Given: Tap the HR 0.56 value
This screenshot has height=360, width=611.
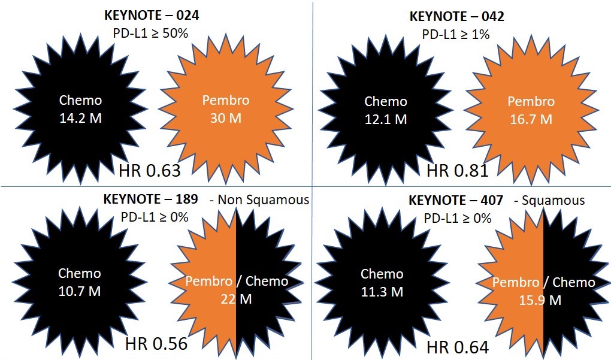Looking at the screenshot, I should coord(156,343).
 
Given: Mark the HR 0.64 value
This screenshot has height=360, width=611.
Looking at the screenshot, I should coord(458,346).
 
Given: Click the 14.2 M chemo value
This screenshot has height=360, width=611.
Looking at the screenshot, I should coord(80,118).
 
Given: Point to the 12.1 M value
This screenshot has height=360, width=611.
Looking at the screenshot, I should coord(386,119).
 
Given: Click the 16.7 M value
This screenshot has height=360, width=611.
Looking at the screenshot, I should coord(531,119).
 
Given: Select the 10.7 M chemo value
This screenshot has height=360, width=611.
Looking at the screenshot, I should coord(79,292).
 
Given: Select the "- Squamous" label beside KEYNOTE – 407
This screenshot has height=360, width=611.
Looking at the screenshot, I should coord(549,200).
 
